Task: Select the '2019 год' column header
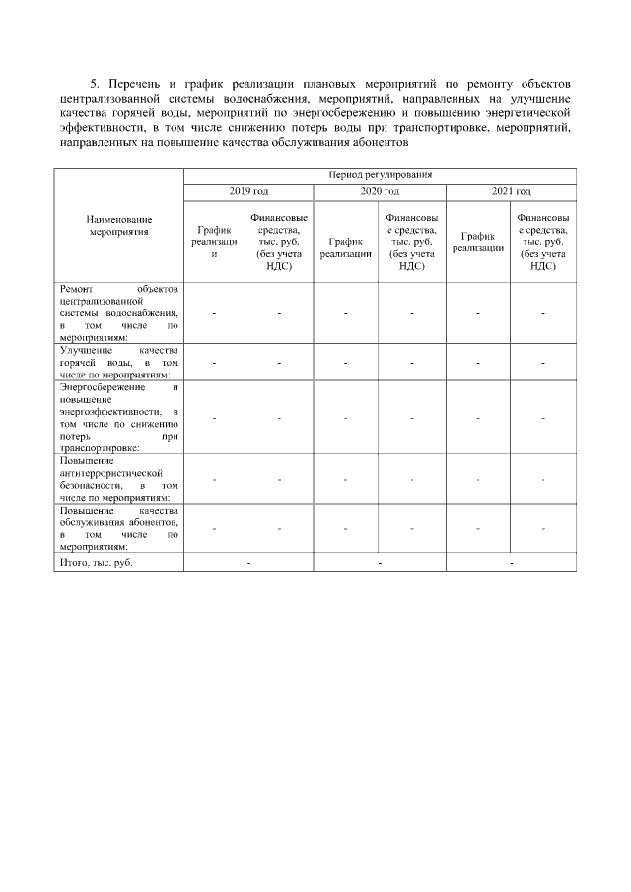(x=248, y=191)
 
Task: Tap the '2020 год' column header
(x=380, y=191)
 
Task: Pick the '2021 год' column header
(x=511, y=191)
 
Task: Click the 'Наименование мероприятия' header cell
(x=117, y=225)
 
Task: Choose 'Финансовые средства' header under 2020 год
(x=412, y=241)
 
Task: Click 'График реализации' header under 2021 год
(x=477, y=241)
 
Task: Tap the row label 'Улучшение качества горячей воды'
(x=117, y=362)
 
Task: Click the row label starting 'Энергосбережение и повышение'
(x=117, y=418)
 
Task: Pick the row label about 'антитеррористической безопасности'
(x=117, y=479)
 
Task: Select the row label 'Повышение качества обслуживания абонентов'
(x=117, y=529)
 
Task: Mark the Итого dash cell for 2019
(x=248, y=563)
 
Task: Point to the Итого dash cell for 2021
(x=511, y=563)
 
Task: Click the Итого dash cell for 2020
(x=380, y=563)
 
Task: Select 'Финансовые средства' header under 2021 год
(x=543, y=241)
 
